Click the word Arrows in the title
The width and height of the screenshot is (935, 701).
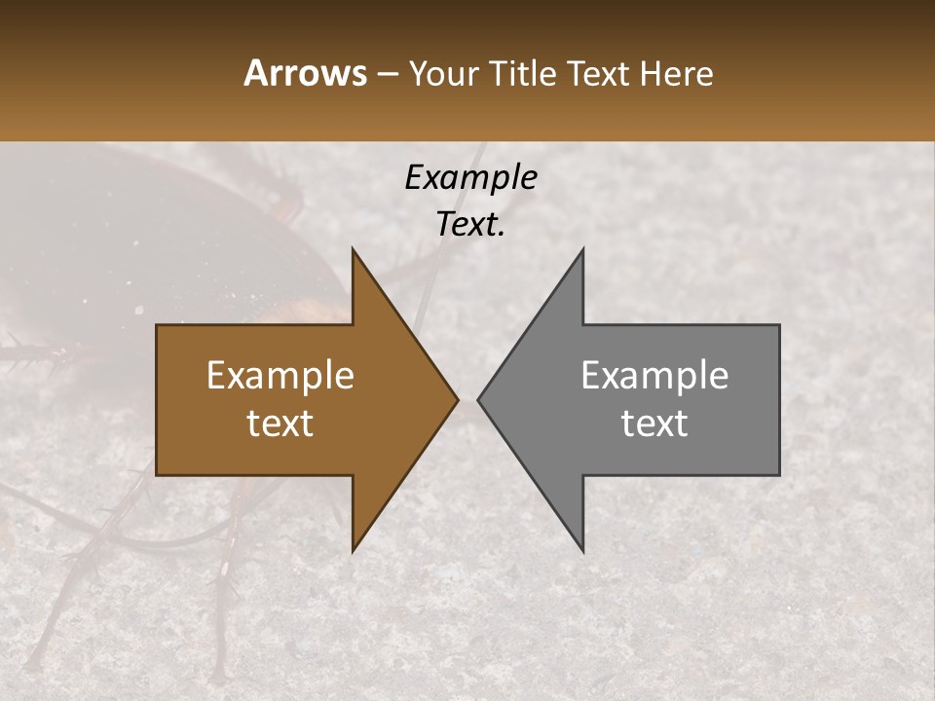click(305, 73)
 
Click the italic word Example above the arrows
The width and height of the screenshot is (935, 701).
click(470, 177)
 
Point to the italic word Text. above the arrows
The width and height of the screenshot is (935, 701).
click(470, 224)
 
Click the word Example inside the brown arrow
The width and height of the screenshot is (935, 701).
click(280, 376)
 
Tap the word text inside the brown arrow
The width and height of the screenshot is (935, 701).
click(280, 424)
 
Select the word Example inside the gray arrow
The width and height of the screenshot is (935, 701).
click(654, 376)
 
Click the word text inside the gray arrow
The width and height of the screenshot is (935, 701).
click(654, 424)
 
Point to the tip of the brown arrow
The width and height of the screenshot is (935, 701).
click(458, 399)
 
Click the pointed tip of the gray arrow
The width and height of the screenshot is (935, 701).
click(477, 399)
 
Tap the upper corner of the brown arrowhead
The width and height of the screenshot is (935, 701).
click(353, 249)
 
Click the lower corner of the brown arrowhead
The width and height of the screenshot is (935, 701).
click(353, 551)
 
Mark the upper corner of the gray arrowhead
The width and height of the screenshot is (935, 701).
click(582, 249)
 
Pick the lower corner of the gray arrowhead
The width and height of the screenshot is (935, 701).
click(582, 551)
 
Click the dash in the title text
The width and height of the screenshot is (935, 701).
click(387, 75)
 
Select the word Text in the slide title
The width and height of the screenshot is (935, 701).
click(599, 73)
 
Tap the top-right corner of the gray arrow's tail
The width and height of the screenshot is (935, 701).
click(779, 325)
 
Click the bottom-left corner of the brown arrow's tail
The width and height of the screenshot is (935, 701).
click(157, 475)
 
